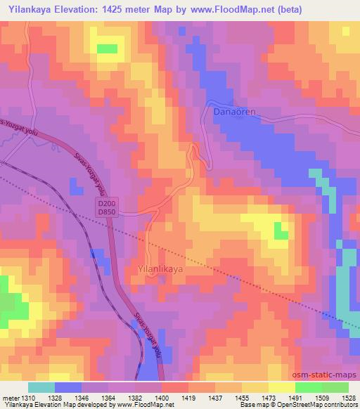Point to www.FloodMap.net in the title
(x=233, y=9)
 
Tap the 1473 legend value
(x=269, y=398)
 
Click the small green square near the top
(x=107, y=48)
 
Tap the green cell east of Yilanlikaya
(x=280, y=229)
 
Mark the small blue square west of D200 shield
(x=75, y=185)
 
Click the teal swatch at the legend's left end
(x=42, y=387)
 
